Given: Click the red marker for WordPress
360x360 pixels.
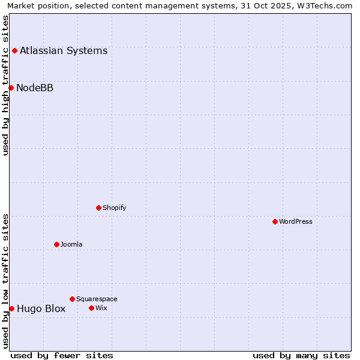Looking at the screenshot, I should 275,221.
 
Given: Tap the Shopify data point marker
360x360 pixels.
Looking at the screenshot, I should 98,208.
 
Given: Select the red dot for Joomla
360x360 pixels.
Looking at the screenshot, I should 56,244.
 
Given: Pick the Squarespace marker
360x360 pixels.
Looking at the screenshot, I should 72,299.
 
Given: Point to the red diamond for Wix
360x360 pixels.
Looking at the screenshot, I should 91,308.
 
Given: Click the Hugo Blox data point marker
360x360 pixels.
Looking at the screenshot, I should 11,308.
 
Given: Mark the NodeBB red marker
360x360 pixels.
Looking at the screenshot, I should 11,88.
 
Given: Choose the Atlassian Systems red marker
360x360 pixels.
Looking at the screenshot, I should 14,50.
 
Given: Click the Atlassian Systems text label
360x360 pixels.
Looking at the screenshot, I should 64,50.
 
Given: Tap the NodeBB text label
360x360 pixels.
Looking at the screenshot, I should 35,88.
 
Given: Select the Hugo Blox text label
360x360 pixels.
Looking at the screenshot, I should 41,309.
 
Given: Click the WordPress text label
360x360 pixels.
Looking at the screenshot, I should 296,221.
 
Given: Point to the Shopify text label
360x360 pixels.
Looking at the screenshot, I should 114,208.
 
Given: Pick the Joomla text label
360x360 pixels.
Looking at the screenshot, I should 71,244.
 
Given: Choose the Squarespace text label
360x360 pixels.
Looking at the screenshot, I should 97,299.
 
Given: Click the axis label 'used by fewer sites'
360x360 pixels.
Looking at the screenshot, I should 62,355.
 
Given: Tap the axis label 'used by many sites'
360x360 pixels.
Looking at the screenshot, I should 301,355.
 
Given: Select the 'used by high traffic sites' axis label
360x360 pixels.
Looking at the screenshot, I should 6,85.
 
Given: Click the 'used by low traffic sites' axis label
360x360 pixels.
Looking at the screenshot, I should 6,281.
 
